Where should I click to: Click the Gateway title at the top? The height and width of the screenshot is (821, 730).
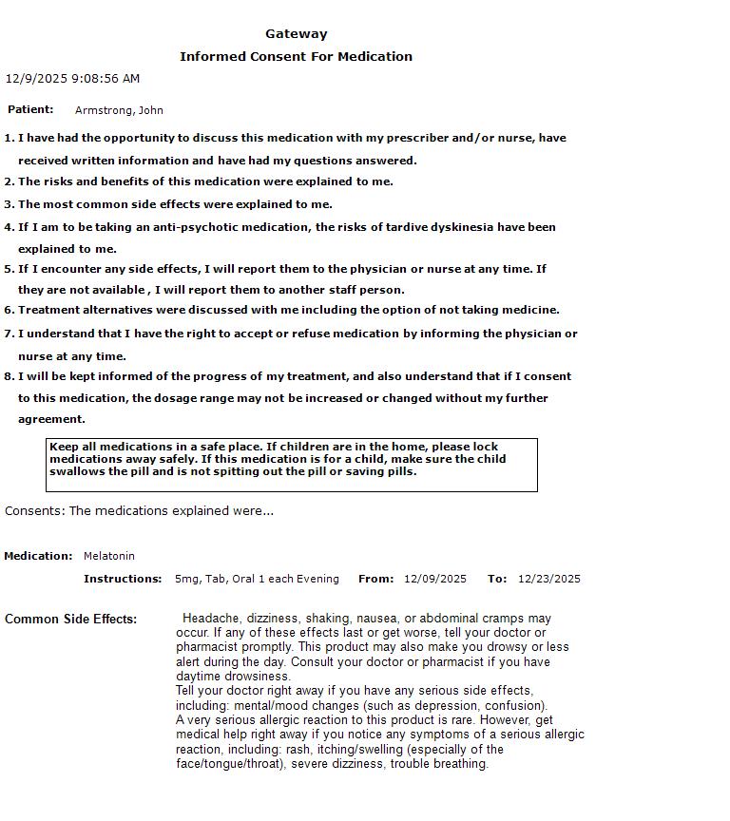[296, 34]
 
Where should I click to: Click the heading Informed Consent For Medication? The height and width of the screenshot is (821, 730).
[296, 57]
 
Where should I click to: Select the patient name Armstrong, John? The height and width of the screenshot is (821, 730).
[119, 110]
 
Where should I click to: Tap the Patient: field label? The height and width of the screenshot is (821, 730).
[30, 109]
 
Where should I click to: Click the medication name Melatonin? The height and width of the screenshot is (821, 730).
[109, 556]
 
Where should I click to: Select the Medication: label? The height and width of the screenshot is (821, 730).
[38, 556]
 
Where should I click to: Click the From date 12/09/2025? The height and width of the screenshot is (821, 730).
[435, 579]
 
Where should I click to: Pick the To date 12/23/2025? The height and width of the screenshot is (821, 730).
[549, 579]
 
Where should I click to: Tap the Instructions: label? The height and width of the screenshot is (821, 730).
[123, 579]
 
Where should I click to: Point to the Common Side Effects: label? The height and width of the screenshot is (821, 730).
[70, 620]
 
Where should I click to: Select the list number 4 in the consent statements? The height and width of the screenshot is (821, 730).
[9, 227]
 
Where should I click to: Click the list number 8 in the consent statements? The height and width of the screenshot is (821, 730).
[9, 376]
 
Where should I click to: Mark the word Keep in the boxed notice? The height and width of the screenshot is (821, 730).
[63, 447]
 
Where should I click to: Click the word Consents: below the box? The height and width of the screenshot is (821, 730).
[35, 511]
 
